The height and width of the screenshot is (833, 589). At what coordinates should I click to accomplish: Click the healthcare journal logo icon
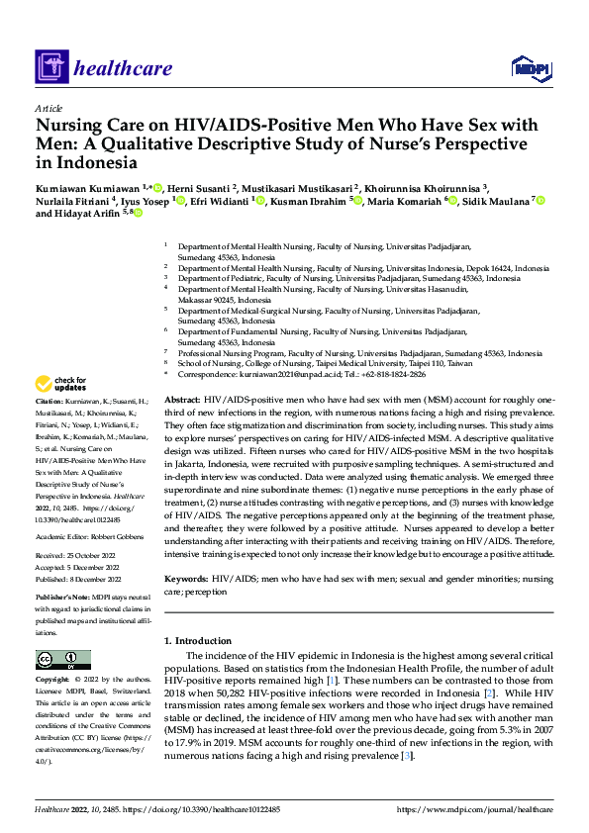pyautogui.click(x=49, y=67)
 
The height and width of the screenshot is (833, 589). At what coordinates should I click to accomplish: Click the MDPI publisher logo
pyautogui.click(x=531, y=67)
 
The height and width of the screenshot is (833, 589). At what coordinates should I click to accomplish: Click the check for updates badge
pyautogui.click(x=61, y=383)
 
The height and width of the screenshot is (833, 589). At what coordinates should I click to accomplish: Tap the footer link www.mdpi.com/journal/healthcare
pyautogui.click(x=474, y=809)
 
